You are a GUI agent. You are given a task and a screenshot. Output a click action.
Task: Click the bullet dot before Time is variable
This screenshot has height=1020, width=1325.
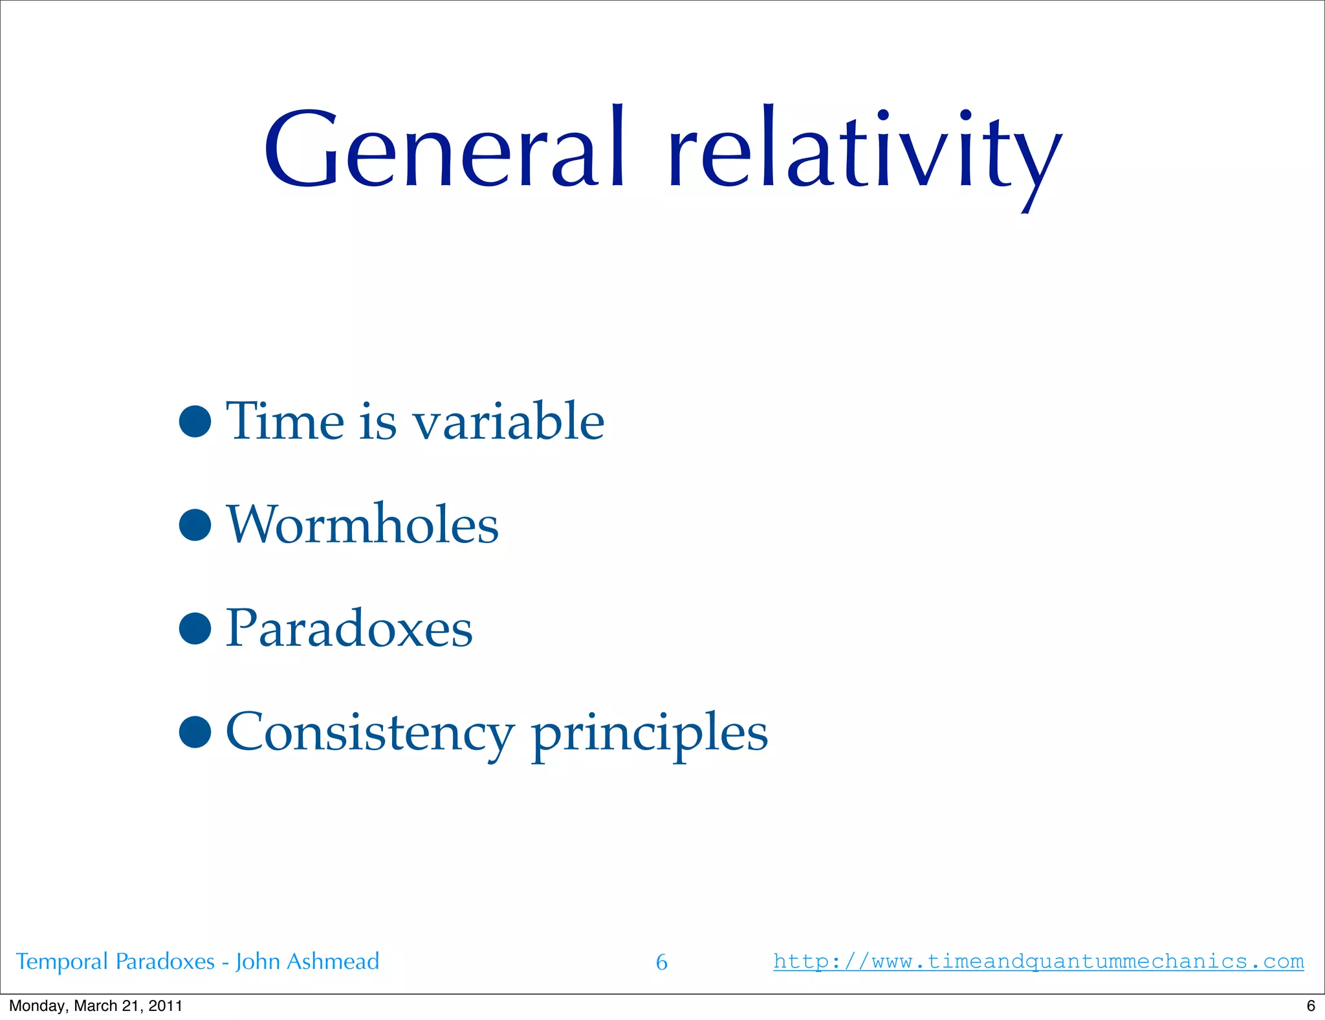coord(195,421)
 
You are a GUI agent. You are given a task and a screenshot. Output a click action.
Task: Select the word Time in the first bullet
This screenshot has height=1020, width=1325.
coord(285,421)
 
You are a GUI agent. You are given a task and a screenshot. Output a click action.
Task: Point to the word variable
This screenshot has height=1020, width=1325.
coord(509,421)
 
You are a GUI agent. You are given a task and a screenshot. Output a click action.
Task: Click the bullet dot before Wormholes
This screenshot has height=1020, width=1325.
coord(195,524)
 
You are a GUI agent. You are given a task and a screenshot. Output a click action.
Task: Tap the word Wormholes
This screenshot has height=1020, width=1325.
coord(363,524)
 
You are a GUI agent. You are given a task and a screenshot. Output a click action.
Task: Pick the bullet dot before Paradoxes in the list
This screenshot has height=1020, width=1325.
coord(195,628)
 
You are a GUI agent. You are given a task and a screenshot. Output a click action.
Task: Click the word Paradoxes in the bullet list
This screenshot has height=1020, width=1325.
coord(349,628)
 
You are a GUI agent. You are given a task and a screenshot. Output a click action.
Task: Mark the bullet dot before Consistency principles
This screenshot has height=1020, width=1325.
coord(195,732)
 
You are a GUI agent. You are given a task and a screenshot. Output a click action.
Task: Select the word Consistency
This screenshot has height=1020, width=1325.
coord(369,732)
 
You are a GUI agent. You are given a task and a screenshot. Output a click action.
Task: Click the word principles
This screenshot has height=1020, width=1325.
coord(650,735)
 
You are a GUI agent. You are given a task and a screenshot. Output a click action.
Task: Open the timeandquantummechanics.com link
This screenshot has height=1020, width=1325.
coord(1038,961)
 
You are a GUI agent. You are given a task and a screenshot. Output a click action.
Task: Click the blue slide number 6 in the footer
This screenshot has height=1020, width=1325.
coord(661,962)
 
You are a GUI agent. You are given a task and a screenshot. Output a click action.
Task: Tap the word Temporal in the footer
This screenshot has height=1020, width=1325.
coord(61,962)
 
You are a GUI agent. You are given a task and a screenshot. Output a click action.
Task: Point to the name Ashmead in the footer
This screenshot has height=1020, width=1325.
coord(333,961)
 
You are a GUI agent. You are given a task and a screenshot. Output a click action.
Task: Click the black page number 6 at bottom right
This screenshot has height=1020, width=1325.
coord(1311,1006)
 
